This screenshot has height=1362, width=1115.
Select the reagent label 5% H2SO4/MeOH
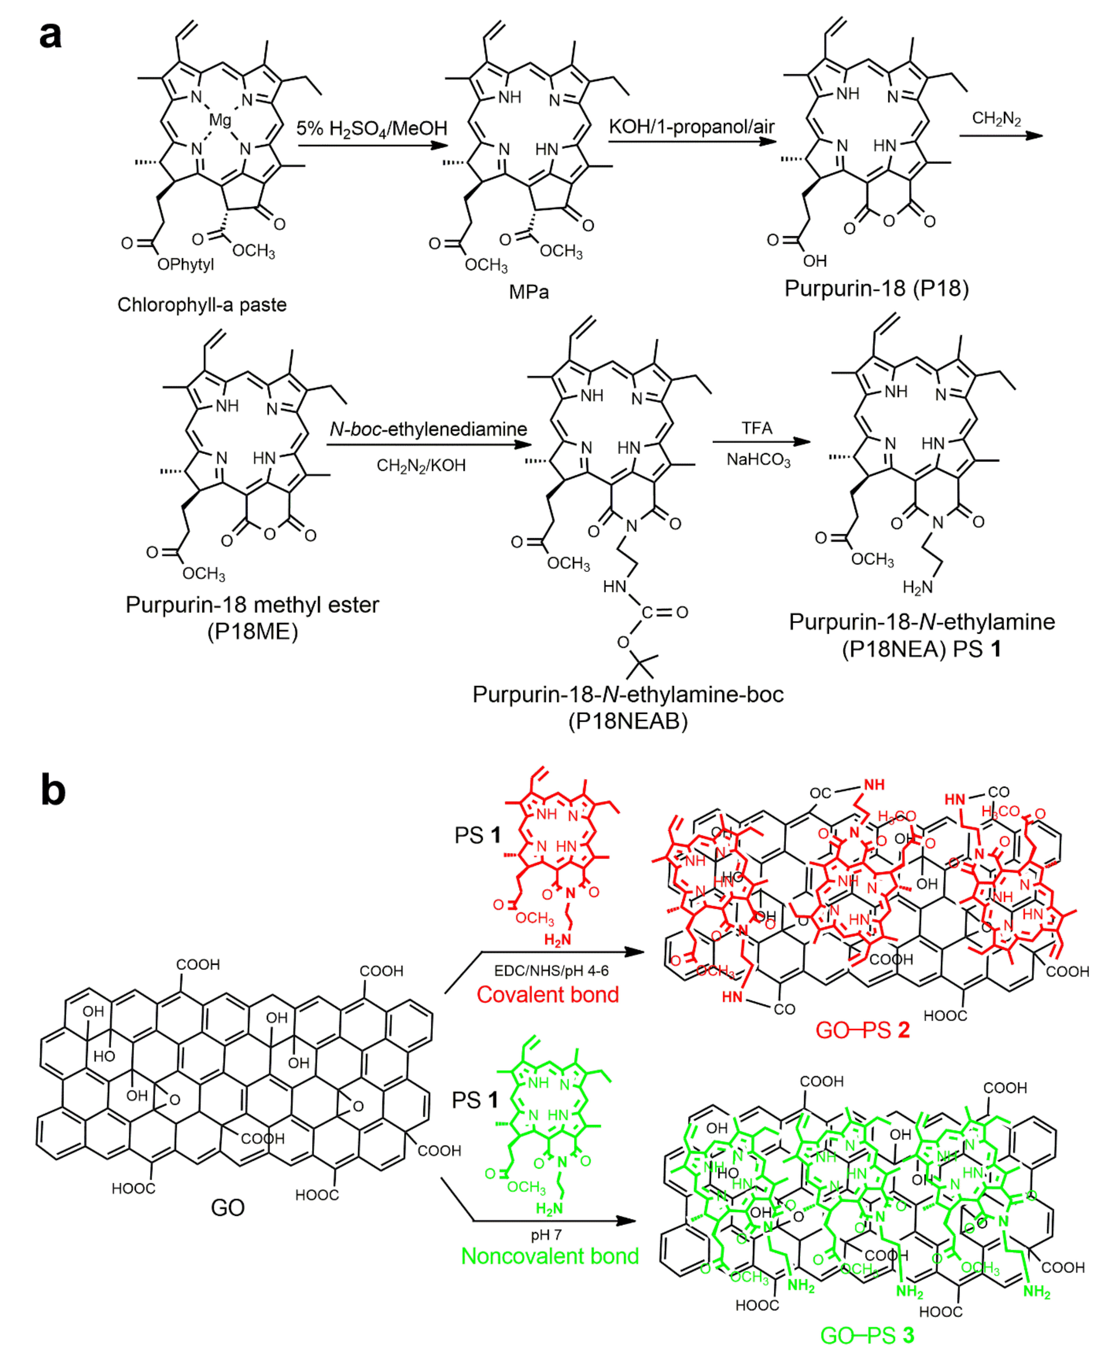click(x=371, y=128)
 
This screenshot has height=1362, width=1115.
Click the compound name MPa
click(x=529, y=292)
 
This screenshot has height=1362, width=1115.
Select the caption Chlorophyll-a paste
click(x=202, y=304)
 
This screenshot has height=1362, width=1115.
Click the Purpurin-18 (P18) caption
click(x=876, y=288)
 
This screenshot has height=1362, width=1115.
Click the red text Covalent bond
click(x=547, y=995)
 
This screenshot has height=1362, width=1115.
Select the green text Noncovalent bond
click(x=550, y=1256)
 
